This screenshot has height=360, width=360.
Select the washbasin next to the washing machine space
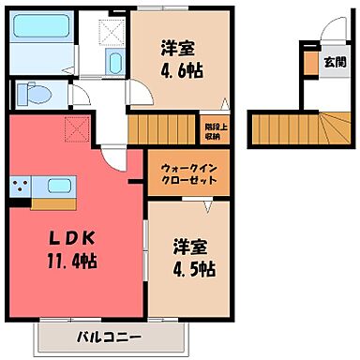(114, 65)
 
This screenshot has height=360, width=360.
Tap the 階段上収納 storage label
(213, 128)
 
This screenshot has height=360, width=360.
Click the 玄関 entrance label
(334, 62)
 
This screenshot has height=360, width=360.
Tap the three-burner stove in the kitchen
(22, 188)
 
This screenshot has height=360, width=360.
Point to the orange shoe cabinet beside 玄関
(310, 63)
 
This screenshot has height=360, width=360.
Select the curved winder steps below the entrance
(329, 126)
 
